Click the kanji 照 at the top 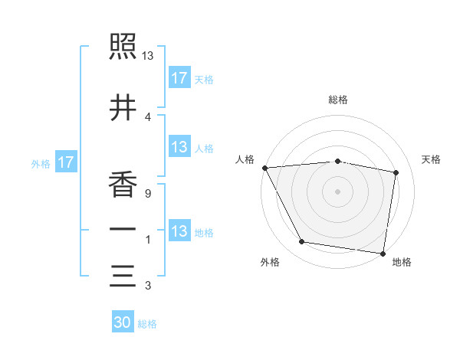[x=123, y=48]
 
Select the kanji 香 [x=123, y=185]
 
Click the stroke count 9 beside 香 [x=147, y=194]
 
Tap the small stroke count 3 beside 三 [x=147, y=286]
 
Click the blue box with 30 [x=123, y=322]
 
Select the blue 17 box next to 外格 [x=65, y=162]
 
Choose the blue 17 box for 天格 [x=179, y=77]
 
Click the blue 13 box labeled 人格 [x=179, y=148]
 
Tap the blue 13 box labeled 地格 [x=179, y=232]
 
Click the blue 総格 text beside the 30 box [x=147, y=324]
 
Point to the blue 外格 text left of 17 [x=41, y=163]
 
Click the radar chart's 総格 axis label [x=338, y=100]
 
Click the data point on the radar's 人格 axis [x=264, y=168]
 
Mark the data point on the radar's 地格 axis [x=383, y=253]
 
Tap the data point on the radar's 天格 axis [x=396, y=172]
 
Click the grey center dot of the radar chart [x=338, y=191]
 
